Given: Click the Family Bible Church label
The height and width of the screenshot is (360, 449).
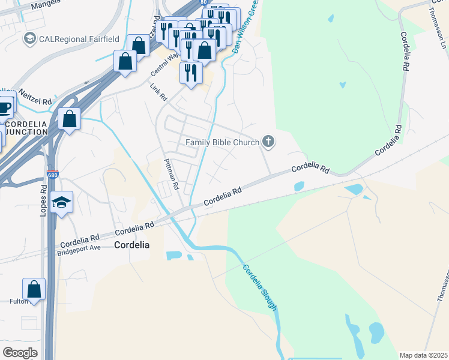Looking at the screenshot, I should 222,142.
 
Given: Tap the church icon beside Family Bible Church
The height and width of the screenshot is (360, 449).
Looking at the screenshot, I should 268,142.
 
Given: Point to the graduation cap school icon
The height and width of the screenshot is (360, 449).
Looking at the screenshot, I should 61,202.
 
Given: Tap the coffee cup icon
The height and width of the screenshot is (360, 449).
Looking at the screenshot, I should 5,107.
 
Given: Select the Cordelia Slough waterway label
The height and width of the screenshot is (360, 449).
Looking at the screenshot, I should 261,287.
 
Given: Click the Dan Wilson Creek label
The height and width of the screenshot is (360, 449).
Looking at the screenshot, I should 246,27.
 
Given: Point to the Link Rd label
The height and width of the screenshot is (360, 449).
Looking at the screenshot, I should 158,92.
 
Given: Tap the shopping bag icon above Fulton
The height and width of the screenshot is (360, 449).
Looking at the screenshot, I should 34,289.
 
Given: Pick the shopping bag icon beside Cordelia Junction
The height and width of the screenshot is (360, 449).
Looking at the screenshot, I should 70,119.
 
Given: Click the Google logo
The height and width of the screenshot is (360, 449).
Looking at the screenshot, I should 20,353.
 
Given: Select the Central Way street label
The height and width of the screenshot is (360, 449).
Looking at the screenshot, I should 165,64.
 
